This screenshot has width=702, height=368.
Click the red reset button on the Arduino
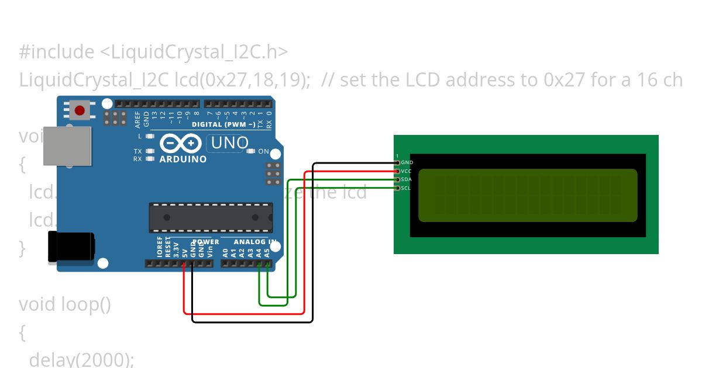tap(79, 109)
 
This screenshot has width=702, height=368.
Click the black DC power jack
tap(70, 246)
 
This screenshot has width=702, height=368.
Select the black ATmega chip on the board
tap(211, 217)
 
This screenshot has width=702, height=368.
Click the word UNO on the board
tap(229, 143)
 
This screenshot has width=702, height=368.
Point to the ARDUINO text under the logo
tap(183, 159)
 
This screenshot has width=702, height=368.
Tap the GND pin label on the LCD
tap(407, 162)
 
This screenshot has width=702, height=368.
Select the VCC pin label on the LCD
tap(407, 171)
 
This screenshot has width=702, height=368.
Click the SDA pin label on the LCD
tap(407, 179)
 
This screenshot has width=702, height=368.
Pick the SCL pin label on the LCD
tap(406, 188)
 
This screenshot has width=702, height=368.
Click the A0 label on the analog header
tap(225, 253)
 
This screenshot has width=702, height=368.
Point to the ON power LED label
tap(263, 152)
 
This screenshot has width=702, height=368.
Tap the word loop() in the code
tap(86, 304)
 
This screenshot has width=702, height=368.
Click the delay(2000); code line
tap(81, 359)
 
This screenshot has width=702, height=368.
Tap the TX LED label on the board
tap(137, 151)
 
